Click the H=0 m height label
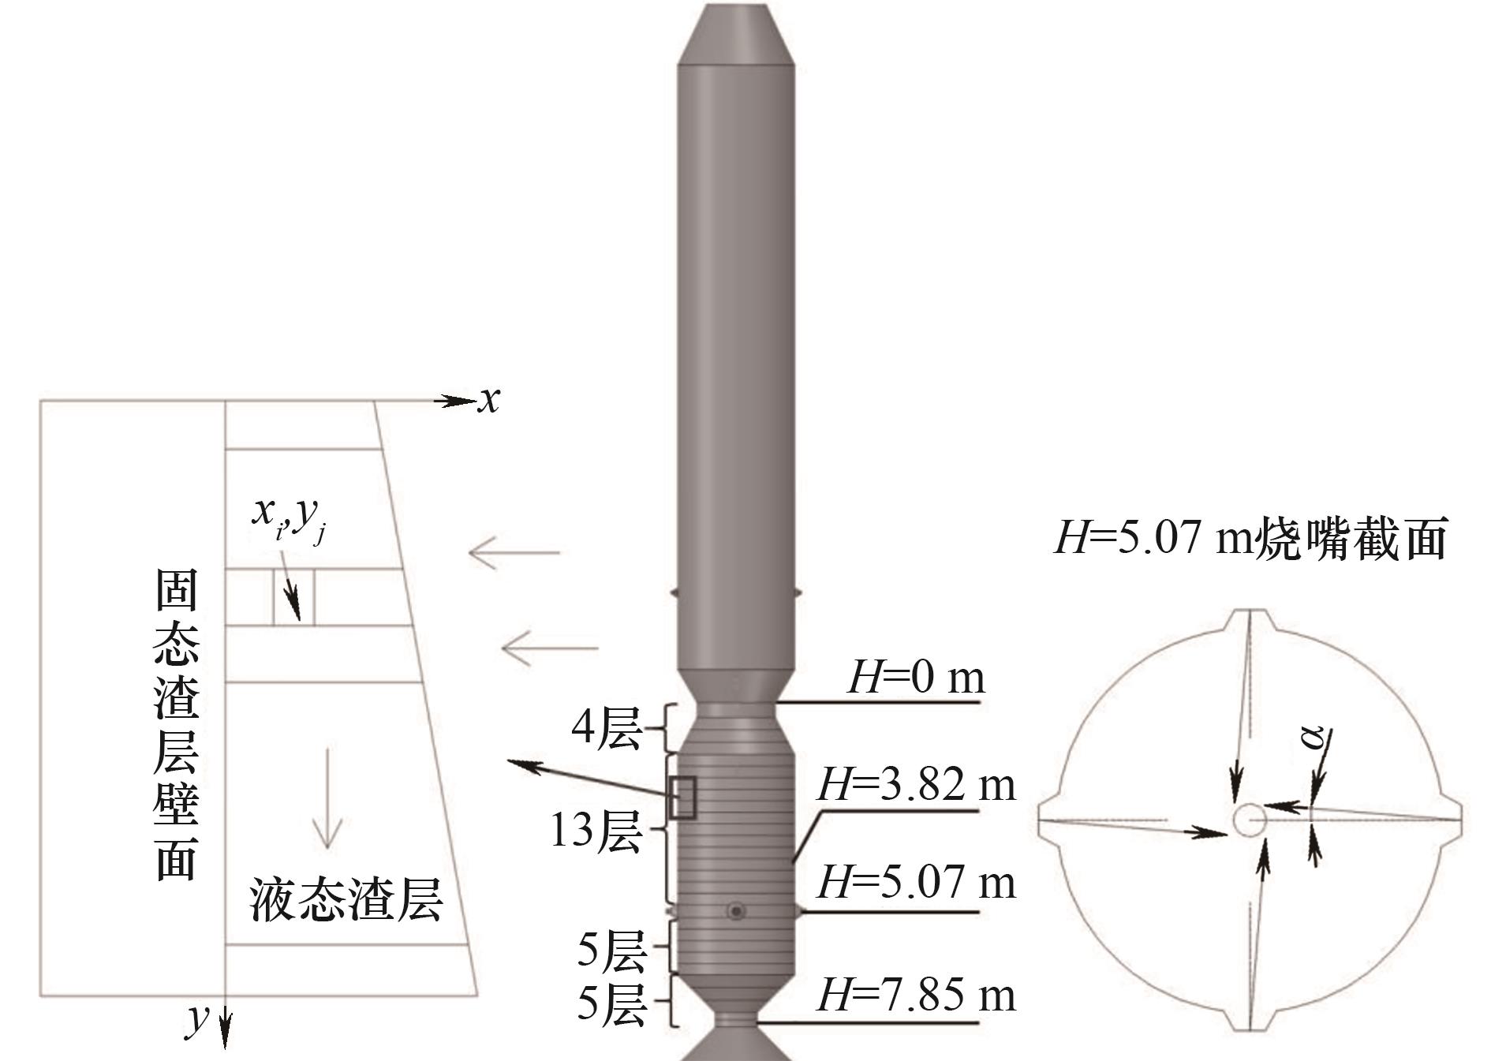coord(916,678)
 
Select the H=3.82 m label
coord(917,785)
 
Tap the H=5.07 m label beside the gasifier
coord(917,882)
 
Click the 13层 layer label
coord(595,831)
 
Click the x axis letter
coord(489,400)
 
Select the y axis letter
coord(197,1018)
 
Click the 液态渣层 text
coord(346,899)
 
